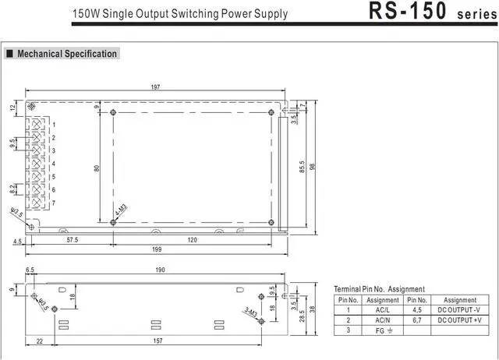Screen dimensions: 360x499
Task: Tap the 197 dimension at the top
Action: pos(156,87)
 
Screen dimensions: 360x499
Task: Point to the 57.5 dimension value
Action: pos(73,241)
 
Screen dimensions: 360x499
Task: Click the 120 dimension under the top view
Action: pos(192,241)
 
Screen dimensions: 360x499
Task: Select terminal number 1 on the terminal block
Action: pos(54,125)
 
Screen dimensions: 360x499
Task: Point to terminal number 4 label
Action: pos(54,164)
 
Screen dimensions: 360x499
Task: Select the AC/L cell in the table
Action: pos(383,309)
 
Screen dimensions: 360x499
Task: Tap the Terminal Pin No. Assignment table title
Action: pos(379,289)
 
